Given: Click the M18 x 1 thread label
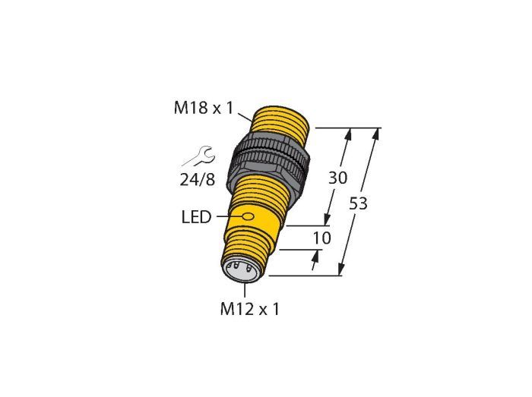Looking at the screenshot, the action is point(204,108).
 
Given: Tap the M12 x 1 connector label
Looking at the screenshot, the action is point(250,309).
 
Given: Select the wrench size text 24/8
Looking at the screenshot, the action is point(197,180).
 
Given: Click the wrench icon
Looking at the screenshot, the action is point(198,156).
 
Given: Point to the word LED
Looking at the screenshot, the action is point(196,217).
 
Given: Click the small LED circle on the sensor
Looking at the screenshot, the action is point(249,216).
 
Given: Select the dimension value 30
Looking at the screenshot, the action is point(338,178).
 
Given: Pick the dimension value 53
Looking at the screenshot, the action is point(358,203).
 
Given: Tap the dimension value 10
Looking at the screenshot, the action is point(321,238).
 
